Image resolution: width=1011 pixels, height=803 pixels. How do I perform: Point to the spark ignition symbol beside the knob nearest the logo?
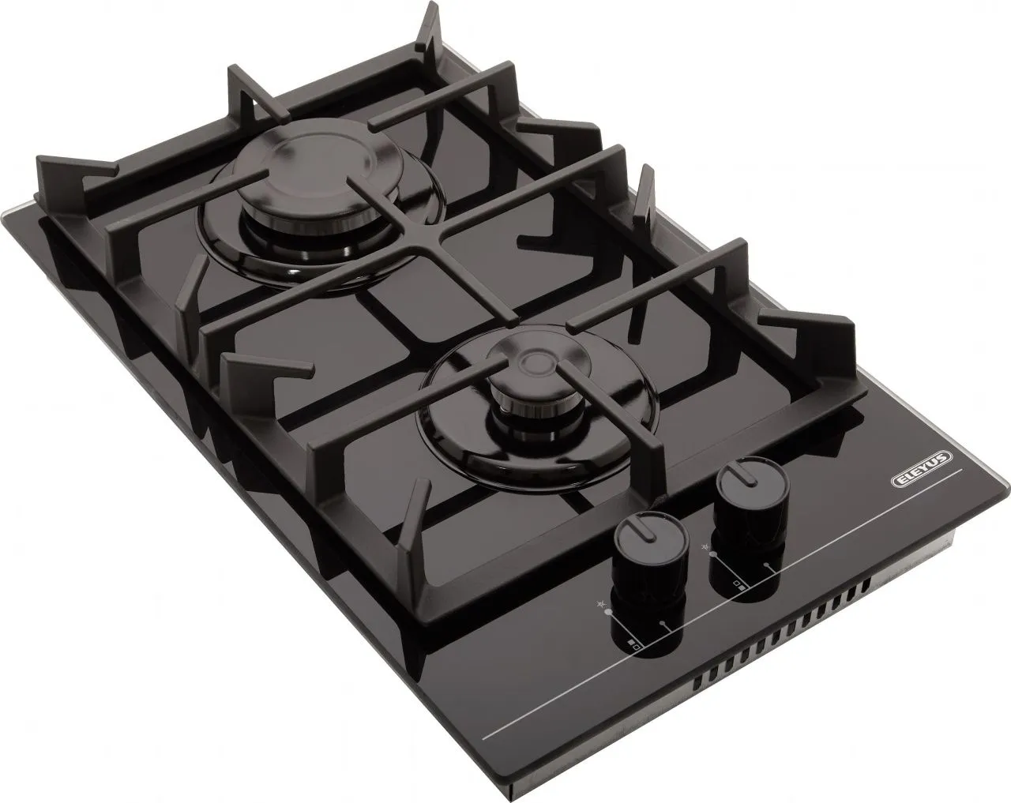pyautogui.click(x=705, y=546)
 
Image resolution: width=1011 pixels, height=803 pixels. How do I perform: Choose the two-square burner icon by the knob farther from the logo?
pyautogui.click(x=633, y=645)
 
